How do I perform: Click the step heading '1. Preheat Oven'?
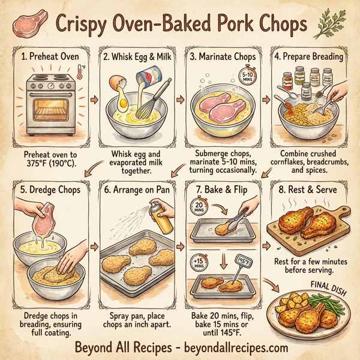pos(50,58)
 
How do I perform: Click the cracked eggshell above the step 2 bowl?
pos(115,82)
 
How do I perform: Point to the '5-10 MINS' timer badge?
pos(248,76)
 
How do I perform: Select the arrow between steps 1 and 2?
pos(92,98)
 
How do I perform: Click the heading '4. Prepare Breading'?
pos(310,58)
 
